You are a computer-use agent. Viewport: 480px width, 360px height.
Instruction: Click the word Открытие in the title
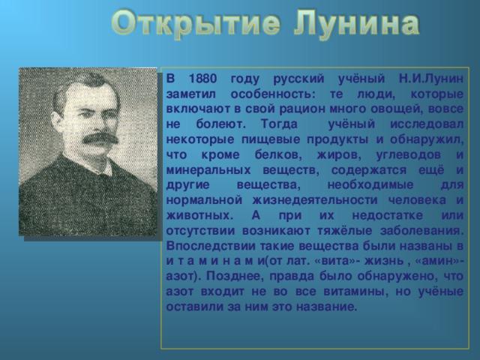[195, 24]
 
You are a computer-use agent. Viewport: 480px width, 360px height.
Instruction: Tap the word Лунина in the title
[357, 24]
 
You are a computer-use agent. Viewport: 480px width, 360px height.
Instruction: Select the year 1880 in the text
[202, 79]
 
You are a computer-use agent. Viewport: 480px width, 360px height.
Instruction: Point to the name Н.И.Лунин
[431, 79]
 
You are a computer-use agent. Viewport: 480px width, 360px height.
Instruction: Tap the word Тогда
[279, 124]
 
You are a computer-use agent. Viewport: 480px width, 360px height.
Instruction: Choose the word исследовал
[427, 124]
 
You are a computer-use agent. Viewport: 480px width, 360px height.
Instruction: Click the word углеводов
[408, 155]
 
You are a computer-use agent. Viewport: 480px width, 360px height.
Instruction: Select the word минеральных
[208, 170]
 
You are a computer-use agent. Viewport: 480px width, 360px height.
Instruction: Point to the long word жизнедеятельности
[316, 200]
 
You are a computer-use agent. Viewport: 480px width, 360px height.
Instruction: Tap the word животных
[199, 215]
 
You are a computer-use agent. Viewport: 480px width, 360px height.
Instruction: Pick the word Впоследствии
[211, 246]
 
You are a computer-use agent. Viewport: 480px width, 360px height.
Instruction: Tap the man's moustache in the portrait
[100, 139]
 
